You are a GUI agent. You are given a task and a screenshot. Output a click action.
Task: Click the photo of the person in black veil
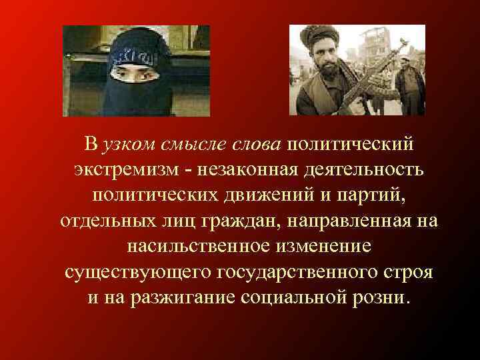point(136,71)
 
